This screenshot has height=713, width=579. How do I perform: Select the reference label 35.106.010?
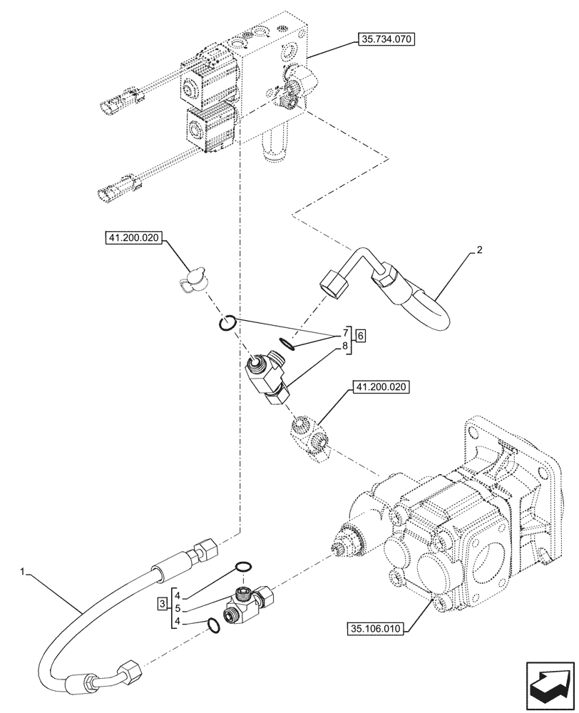pos(376,629)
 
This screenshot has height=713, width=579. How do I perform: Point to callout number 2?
pos(480,250)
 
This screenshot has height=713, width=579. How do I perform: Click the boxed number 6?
pos(361,335)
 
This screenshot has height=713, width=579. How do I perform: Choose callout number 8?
pos(344,347)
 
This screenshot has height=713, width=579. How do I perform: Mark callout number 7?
pos(344,333)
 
